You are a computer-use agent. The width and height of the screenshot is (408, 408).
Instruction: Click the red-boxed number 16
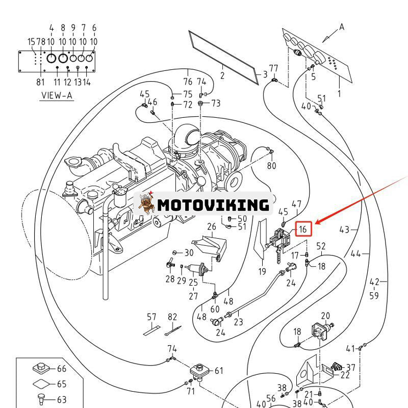pos(303,229)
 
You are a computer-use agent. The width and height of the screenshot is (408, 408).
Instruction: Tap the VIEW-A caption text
pos(57,95)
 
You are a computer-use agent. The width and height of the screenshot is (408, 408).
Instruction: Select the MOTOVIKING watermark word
pos(213,205)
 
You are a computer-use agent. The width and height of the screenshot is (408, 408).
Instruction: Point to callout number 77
pos(274,68)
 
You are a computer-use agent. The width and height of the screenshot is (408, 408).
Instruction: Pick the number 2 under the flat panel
pos(222,76)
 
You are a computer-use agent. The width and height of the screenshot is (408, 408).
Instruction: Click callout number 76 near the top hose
pos(188,82)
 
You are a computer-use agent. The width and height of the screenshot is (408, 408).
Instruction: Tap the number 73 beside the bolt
pos(216,103)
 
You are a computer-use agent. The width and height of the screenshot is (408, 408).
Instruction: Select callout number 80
pos(271,165)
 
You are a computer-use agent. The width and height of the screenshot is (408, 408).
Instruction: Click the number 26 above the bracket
pos(211,226)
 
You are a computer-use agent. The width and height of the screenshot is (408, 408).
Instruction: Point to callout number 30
pos(189,252)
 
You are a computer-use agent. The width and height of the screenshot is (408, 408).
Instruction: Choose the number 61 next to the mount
pos(219,371)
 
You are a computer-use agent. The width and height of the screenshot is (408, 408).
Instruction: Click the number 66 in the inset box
pos(62,369)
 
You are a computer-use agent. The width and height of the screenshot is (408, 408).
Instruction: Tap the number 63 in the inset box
pos(62,399)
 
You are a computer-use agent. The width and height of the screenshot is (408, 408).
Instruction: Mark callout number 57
pos(151,317)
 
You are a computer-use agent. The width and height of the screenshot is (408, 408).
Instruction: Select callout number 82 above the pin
pos(172,317)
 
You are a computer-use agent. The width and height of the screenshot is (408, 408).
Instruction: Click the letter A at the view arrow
pos(342,27)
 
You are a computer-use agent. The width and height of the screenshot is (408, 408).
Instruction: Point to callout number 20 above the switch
pos(325,317)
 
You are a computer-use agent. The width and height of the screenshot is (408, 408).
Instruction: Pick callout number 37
pos(351,367)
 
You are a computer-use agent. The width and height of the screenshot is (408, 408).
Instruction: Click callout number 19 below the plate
pos(262,271)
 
